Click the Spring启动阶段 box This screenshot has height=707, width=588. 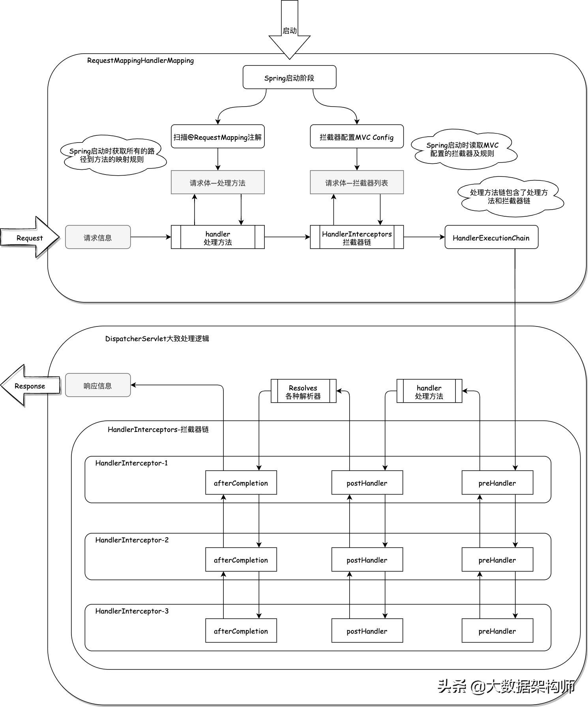coord(289,77)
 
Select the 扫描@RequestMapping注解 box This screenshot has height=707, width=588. coord(217,137)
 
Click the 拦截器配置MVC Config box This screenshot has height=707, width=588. coord(357,137)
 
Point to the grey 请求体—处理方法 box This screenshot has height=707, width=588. coord(217,182)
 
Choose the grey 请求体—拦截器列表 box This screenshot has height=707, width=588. coord(357,182)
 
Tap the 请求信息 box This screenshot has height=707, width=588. coord(97,237)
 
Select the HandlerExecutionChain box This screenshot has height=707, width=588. coord(491,237)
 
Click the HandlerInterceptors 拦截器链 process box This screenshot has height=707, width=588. coord(357,237)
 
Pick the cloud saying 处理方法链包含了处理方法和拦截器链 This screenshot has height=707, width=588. coord(509,197)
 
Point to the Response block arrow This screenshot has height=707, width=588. coord(30,386)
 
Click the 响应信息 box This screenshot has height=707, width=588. coord(97,385)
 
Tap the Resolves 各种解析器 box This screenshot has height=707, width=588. coord(303,391)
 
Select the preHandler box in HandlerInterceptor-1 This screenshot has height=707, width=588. coord(497,483)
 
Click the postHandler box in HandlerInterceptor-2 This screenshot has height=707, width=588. coord(367,560)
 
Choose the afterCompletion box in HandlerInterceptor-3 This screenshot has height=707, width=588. coord(241,631)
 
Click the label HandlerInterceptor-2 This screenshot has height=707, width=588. coord(132,540)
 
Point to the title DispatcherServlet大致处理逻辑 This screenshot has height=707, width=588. coord(157,339)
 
